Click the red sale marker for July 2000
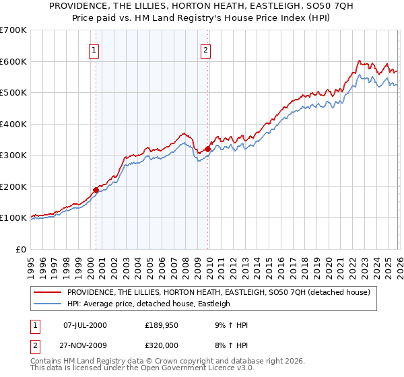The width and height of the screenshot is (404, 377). (96, 190)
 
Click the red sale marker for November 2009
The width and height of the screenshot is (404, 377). (207, 149)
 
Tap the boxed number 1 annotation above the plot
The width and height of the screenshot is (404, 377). (94, 49)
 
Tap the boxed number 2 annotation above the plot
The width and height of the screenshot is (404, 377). (205, 49)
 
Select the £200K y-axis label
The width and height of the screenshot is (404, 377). (13, 186)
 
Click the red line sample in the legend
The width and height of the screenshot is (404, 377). (48, 293)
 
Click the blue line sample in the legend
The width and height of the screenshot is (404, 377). (48, 304)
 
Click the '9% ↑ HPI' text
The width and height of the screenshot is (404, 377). (230, 325)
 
